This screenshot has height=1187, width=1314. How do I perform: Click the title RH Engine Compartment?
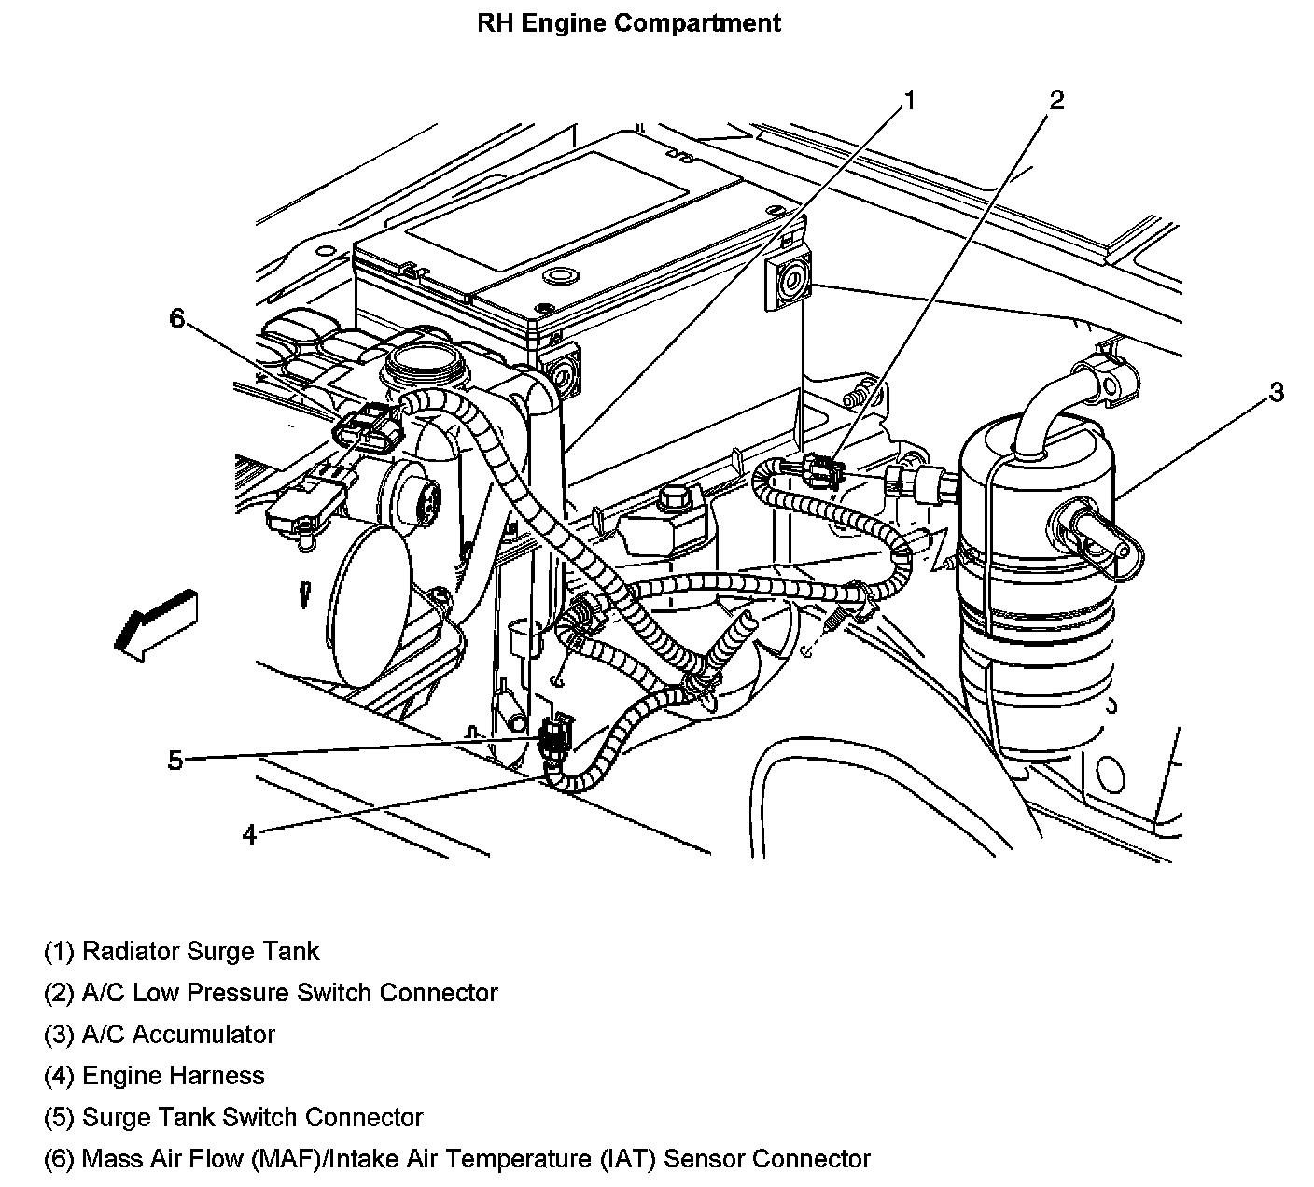tap(628, 22)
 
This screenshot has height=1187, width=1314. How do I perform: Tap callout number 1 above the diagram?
tap(909, 99)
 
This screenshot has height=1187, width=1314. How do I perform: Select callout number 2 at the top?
tap(1056, 99)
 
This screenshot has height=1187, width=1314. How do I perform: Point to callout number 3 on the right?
tap(1276, 392)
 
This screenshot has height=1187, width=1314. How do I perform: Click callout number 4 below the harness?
tap(248, 833)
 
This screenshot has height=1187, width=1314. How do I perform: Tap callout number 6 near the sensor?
tap(178, 318)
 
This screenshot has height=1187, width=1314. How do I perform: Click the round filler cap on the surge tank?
tap(423, 359)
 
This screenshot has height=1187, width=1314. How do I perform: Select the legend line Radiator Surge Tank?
tap(182, 952)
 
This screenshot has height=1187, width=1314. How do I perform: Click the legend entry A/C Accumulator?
tap(160, 1035)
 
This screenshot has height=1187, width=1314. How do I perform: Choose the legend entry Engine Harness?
tap(155, 1076)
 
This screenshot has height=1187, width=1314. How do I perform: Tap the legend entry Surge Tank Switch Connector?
tap(233, 1117)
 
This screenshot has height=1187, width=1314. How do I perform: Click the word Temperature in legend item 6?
tap(514, 1159)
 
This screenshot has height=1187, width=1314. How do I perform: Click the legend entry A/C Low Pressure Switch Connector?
tap(271, 993)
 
